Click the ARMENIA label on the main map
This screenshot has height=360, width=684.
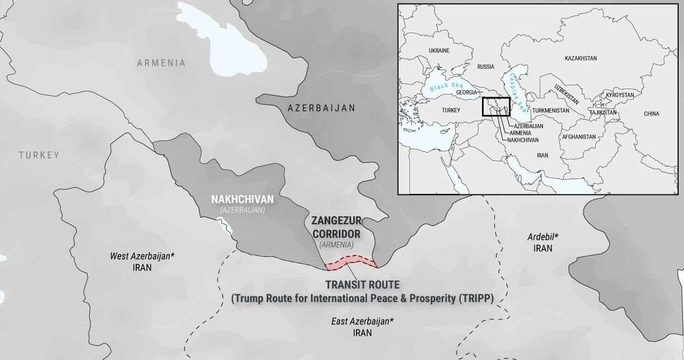pos(161,63)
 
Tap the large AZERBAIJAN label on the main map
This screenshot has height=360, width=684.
pos(321,108)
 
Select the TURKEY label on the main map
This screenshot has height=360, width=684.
pos(39,155)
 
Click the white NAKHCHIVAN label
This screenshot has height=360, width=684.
pos(242,199)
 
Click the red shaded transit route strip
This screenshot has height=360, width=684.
pos(350,262)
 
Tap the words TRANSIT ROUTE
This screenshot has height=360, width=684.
pos(362,285)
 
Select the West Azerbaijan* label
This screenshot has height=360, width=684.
pos(142,256)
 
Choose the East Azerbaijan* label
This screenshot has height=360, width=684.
pos(362,321)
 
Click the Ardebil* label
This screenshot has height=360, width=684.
pos(542,237)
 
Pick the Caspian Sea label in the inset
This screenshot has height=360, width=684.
pos(519,88)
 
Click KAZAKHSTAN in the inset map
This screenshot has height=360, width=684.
pos(580,58)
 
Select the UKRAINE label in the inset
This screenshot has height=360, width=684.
pos(439,51)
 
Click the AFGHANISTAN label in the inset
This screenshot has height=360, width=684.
pos(578,137)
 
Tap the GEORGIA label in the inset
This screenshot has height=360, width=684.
pos(466,92)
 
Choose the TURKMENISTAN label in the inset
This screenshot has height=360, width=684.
pos(550,111)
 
